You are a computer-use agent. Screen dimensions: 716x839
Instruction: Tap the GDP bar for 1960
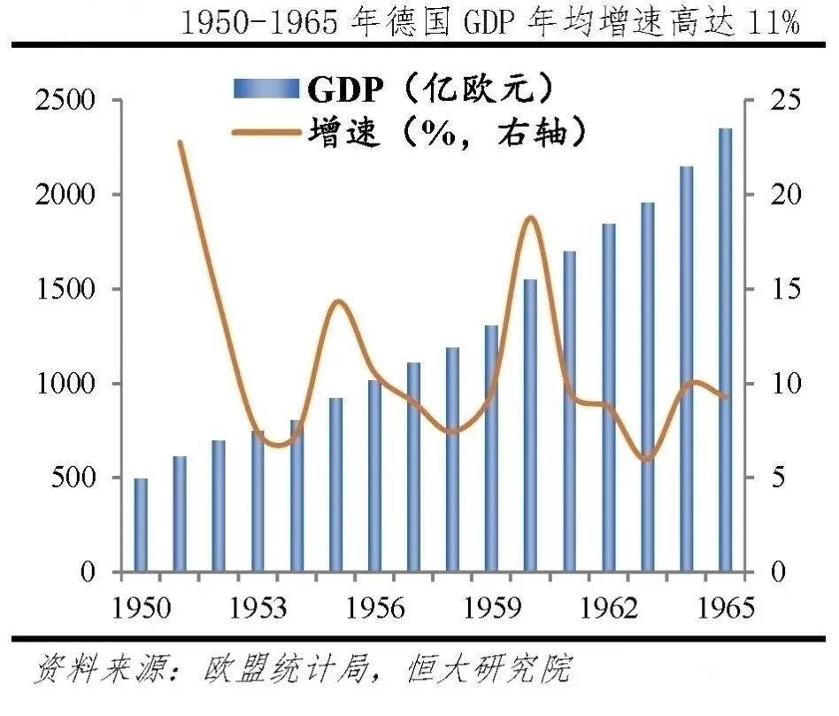530,425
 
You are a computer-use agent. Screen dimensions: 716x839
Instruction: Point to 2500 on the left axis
65,100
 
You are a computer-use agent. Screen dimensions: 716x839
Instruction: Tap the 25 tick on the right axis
783,100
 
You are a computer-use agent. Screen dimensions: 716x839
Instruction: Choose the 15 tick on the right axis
783,289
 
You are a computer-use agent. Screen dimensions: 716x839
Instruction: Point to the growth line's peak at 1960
530,217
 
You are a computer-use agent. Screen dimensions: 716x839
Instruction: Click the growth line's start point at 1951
180,142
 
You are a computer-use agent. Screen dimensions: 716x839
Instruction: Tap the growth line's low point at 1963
647,459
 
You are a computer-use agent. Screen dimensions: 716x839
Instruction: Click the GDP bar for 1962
608,398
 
